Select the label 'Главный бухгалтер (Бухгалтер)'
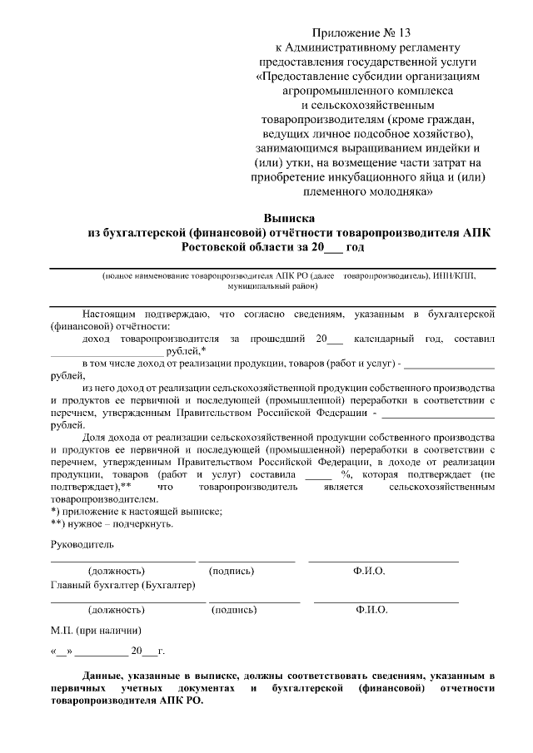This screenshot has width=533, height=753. pyautogui.click(x=123, y=585)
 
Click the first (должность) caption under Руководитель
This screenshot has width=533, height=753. pyautogui.click(x=116, y=572)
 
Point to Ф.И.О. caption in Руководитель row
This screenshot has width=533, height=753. pyautogui.click(x=369, y=572)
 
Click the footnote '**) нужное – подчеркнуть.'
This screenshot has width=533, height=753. pyautogui.click(x=112, y=524)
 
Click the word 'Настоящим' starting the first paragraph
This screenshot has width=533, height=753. pyautogui.click(x=111, y=314)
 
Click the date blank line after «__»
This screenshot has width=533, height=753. pyautogui.click(x=102, y=654)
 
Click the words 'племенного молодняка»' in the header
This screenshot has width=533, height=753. pyautogui.click(x=366, y=191)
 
